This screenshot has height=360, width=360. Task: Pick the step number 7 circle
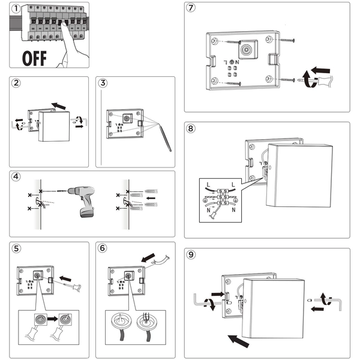coord(191,9)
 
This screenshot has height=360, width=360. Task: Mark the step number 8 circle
coord(191,128)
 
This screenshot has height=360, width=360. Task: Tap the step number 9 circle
coord(191,254)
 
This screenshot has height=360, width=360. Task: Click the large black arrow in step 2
coord(58,106)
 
